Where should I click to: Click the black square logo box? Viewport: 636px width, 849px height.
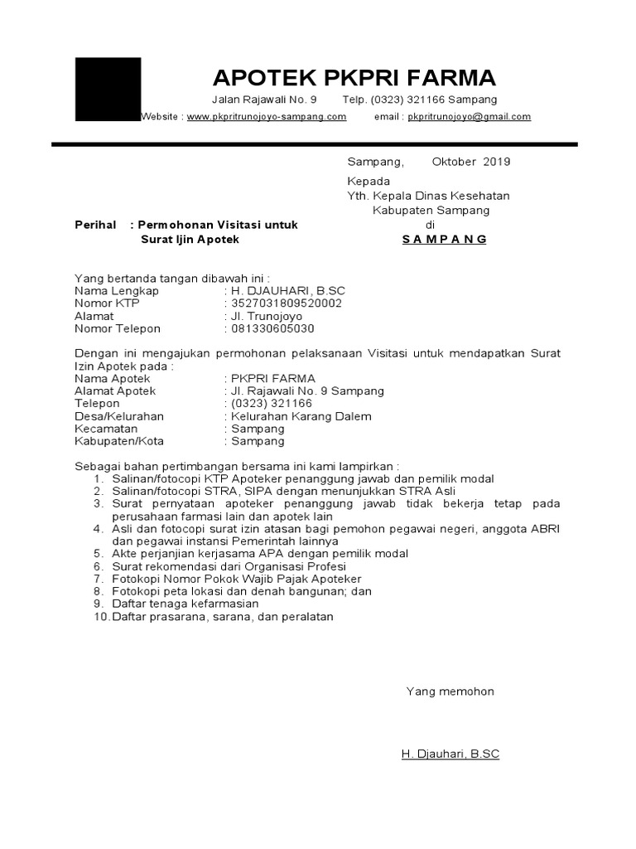[x=108, y=90]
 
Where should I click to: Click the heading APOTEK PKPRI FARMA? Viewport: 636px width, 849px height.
[x=354, y=78]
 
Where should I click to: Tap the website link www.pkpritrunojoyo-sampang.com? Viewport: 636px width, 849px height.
[x=267, y=117]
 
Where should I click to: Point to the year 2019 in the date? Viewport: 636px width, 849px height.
[x=497, y=162]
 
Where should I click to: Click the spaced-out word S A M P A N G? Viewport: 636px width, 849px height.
[x=445, y=240]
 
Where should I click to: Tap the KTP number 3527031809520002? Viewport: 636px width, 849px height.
[x=287, y=303]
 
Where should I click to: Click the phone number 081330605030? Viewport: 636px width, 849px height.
[x=273, y=328]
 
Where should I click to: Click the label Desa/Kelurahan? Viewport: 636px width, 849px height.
[x=119, y=416]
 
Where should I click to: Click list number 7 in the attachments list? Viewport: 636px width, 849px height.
[x=97, y=579]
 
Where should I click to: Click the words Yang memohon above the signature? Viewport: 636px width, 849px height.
[x=450, y=691]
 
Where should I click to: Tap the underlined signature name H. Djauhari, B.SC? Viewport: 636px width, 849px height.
[x=450, y=754]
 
